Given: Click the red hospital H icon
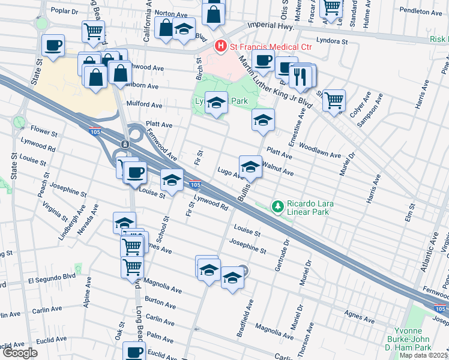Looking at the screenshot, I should coord(221,45).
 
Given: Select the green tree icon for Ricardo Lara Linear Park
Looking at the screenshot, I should coord(277,207).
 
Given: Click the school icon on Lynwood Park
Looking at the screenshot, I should coord(216,103).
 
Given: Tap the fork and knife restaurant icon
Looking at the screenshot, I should coord(298,76).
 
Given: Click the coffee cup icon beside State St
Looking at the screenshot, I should coord(53,46).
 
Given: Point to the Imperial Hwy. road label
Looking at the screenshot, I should coord(274,27).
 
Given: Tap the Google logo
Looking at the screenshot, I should coord(20,353).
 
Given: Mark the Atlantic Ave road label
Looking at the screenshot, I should coord(430,255).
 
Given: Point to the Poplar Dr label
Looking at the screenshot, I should coord(65,10).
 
